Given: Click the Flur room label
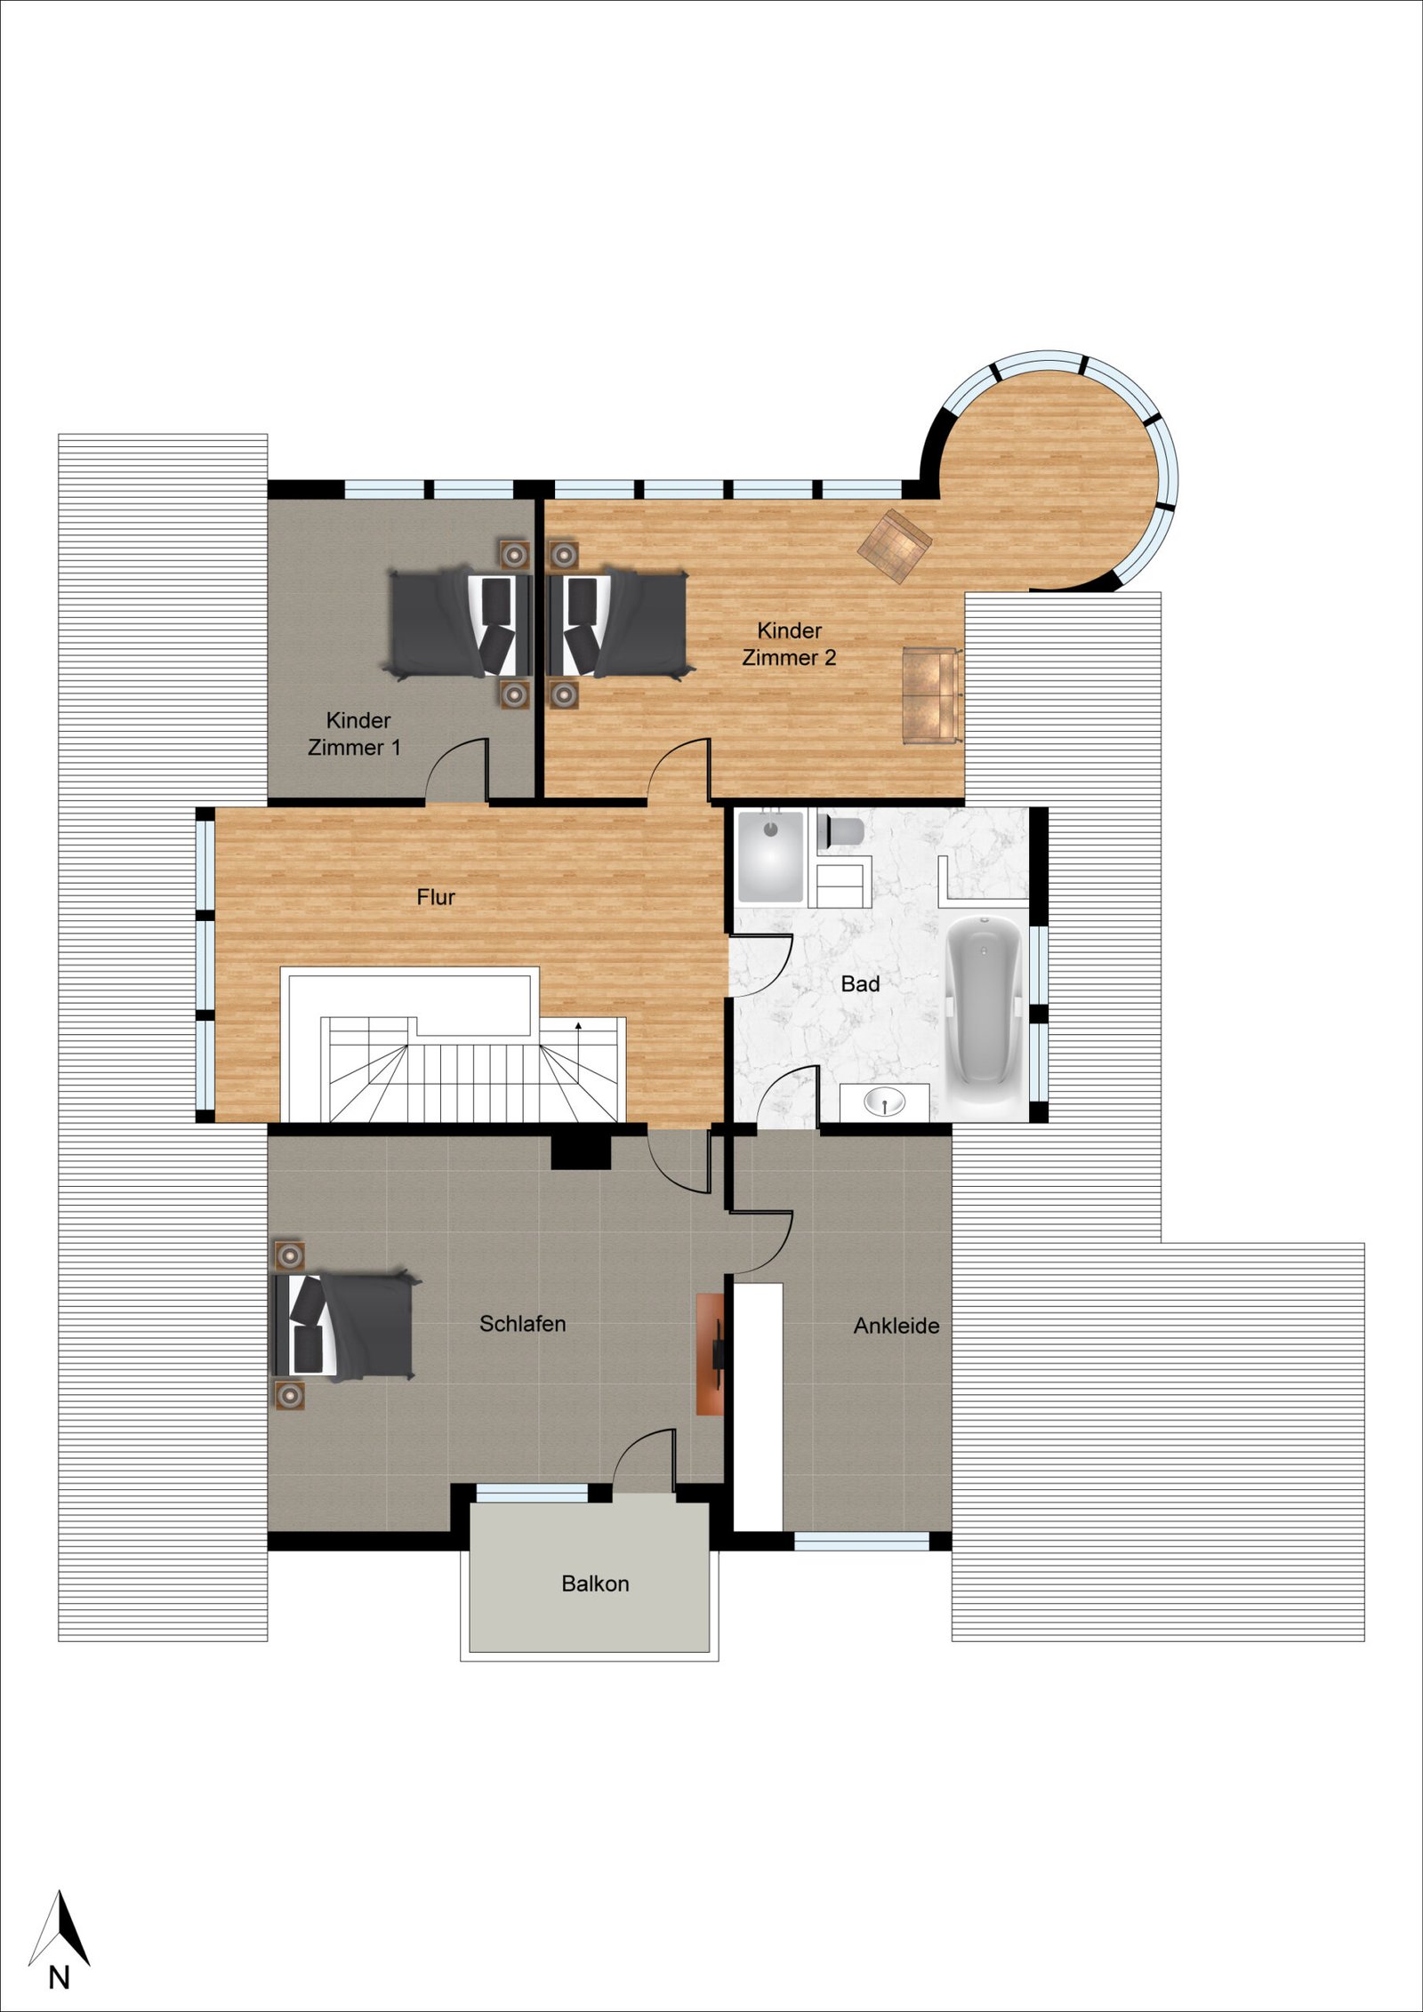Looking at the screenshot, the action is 436,897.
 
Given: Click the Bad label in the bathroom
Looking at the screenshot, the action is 860,984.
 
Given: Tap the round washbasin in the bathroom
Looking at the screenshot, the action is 885,1103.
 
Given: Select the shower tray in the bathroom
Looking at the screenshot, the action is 770,854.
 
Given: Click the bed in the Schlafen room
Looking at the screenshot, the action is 343,1326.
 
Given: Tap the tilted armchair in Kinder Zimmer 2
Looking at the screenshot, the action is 894,546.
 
